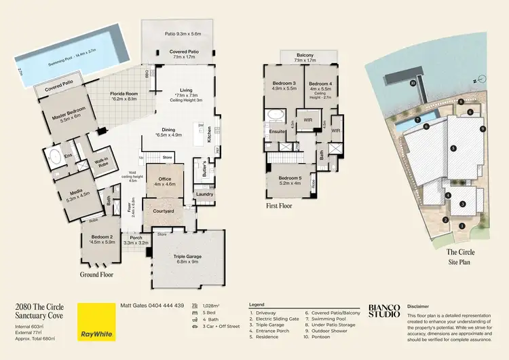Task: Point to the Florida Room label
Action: [x=124, y=96]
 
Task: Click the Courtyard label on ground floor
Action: [x=163, y=211]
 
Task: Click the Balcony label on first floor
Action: [x=305, y=56]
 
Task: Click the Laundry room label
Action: [x=205, y=194]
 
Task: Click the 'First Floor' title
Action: [x=279, y=204]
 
